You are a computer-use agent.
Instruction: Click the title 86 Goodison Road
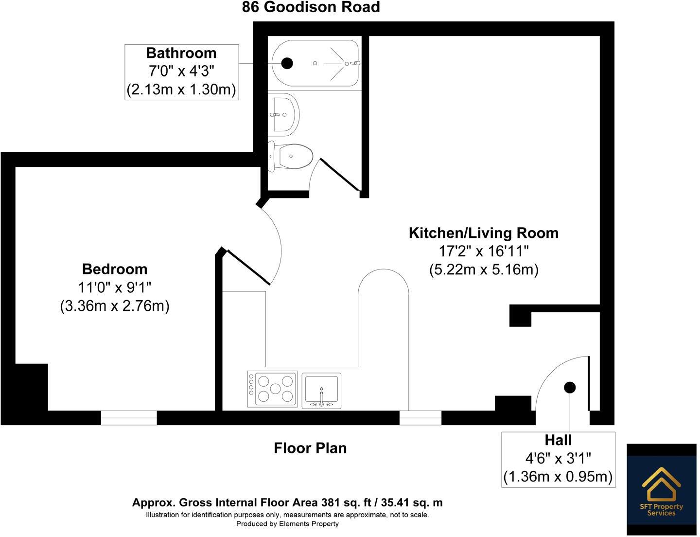311,7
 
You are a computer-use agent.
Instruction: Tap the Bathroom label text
181,53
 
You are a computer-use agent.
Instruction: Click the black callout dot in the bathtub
287,63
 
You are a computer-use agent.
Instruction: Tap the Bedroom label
115,269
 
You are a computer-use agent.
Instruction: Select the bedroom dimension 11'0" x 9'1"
115,287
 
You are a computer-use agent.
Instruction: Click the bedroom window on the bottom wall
129,418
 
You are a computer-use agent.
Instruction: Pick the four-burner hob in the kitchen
272,389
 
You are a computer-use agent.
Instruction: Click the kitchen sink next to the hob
321,391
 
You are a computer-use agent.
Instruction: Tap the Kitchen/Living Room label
483,233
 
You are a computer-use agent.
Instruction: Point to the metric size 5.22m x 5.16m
484,269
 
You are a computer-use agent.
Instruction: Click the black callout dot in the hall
570,387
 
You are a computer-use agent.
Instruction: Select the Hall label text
558,440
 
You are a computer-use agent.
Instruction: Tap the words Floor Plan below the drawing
310,448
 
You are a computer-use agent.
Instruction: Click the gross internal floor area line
287,502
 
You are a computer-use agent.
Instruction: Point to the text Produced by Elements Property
287,524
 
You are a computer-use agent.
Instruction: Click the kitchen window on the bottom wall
420,418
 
